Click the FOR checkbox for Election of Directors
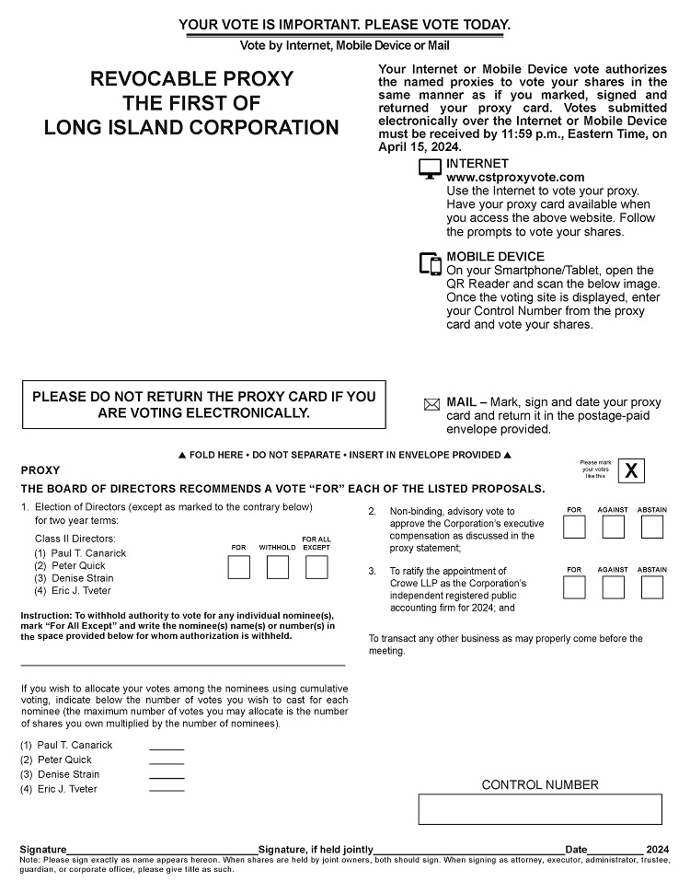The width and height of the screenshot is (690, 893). click(238, 567)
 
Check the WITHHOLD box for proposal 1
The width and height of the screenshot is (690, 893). click(277, 567)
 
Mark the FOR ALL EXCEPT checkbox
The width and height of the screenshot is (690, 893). click(316, 567)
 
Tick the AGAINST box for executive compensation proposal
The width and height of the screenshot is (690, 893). click(613, 527)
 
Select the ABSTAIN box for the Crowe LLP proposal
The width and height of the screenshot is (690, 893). click(652, 587)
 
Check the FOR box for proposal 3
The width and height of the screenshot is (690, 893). click(574, 587)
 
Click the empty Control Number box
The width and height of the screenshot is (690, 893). click(540, 809)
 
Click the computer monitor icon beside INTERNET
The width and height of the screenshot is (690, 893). click(430, 169)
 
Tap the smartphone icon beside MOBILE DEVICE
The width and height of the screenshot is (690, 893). click(431, 263)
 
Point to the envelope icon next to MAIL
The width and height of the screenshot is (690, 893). click(431, 404)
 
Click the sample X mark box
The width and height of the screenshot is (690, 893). click(631, 470)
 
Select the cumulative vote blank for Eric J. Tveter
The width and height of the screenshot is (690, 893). click(167, 791)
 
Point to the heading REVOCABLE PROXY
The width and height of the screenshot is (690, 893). click(191, 79)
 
